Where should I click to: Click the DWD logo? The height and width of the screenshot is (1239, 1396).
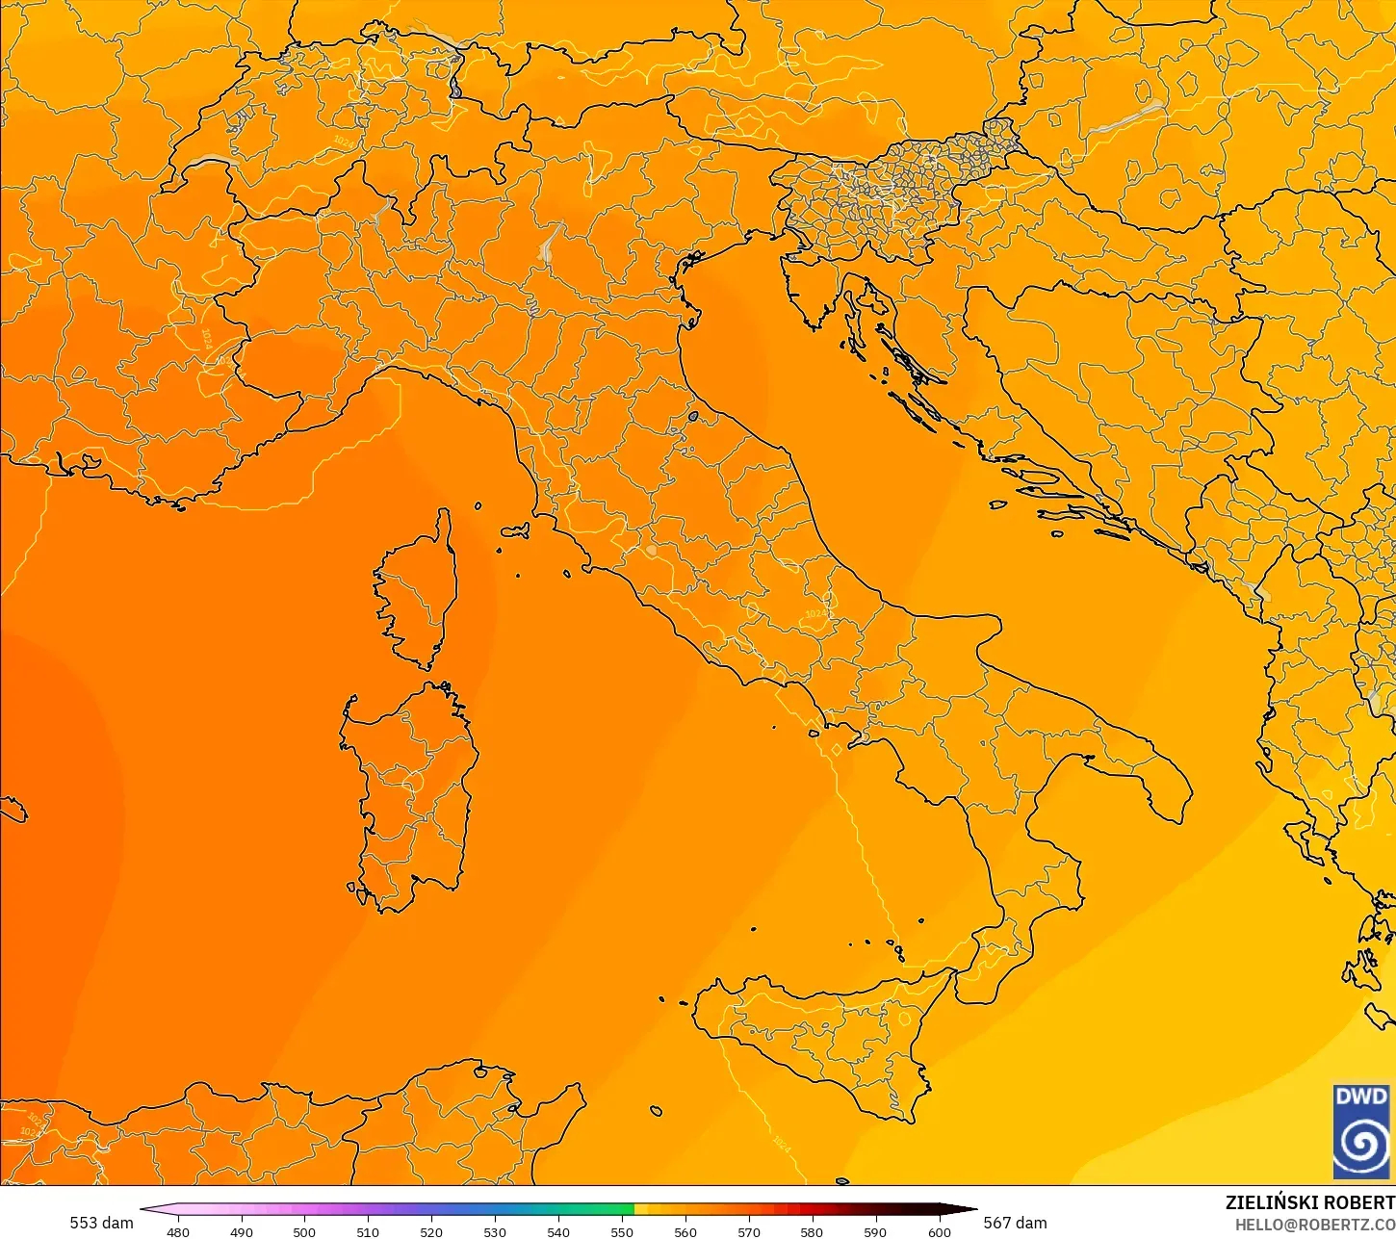tap(1361, 1131)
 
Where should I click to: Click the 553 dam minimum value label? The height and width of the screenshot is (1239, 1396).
tap(101, 1223)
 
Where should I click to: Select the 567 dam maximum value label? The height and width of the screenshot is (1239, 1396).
tap(1015, 1223)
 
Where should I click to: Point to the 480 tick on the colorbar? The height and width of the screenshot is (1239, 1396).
tap(178, 1231)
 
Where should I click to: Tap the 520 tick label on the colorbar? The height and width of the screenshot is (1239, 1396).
tap(431, 1231)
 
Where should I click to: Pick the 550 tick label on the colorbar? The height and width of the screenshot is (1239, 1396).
tap(622, 1231)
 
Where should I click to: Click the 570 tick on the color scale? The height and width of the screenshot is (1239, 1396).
tap(749, 1231)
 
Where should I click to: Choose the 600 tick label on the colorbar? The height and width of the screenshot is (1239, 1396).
tap(939, 1231)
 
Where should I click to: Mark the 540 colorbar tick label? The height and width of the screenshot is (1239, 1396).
tap(558, 1231)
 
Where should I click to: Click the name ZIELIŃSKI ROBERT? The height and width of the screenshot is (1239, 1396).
tap(1309, 1202)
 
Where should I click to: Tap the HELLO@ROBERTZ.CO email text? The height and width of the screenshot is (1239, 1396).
tap(1315, 1225)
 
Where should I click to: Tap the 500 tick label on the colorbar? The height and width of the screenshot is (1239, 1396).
tap(304, 1231)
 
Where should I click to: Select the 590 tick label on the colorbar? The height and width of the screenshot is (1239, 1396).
tap(875, 1231)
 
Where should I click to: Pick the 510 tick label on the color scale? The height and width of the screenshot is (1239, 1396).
tap(368, 1231)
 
